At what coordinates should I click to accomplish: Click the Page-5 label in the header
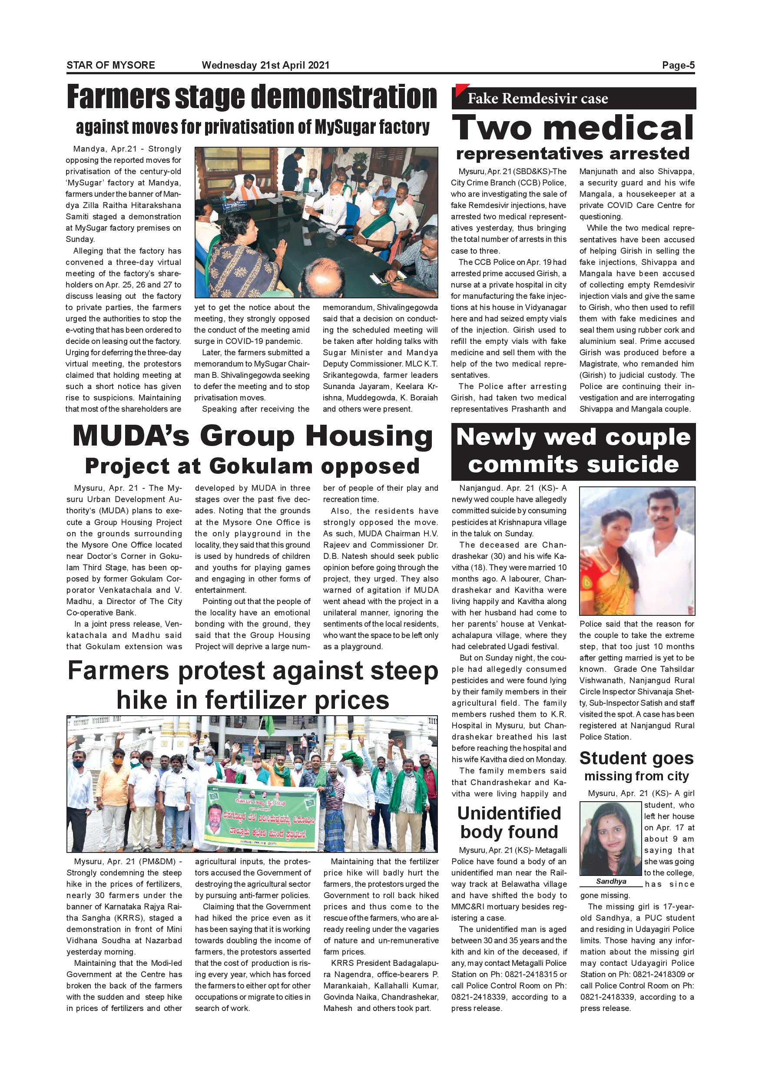[678, 65]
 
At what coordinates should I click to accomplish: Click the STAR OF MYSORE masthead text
[111, 65]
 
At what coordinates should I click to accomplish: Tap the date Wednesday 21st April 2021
[265, 65]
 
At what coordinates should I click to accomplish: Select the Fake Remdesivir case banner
[573, 99]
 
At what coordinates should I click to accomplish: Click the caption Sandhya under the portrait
[611, 882]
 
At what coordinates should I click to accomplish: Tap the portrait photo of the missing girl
[611, 838]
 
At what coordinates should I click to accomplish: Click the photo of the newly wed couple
[637, 551]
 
